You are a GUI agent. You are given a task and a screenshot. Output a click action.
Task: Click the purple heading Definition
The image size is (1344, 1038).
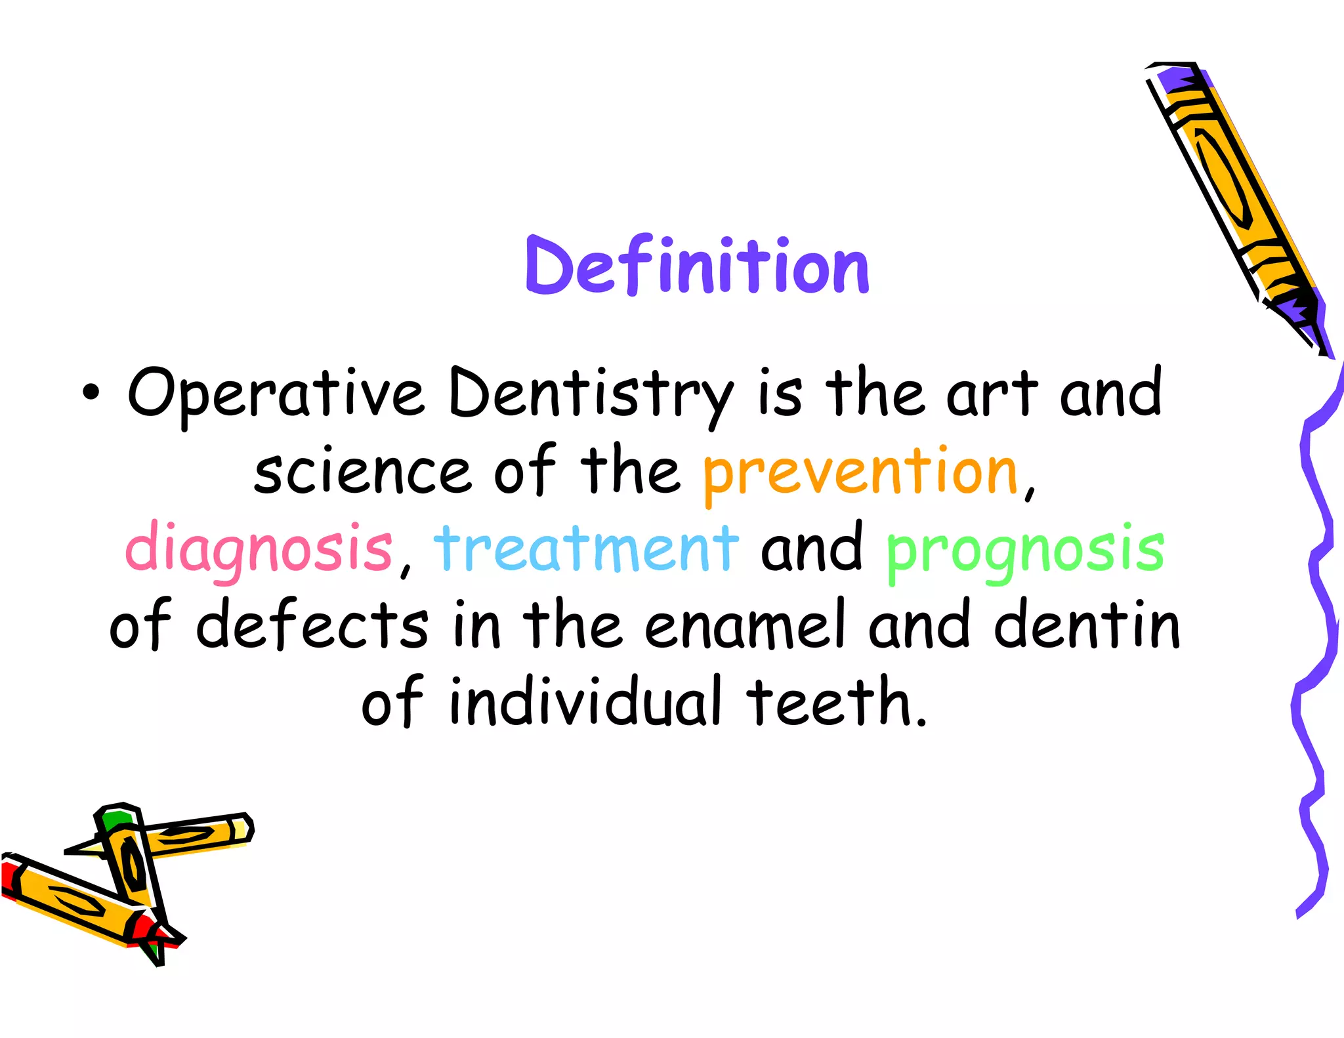[697, 266]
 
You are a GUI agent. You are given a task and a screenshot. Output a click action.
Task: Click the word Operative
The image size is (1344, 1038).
[276, 394]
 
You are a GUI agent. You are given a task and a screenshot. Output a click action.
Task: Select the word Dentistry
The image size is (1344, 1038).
[591, 394]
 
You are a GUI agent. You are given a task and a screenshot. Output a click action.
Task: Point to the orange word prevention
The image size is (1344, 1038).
[860, 472]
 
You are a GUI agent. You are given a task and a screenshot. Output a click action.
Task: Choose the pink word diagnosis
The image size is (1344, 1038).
[259, 548]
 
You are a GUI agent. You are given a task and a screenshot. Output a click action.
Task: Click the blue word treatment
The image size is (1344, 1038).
[586, 548]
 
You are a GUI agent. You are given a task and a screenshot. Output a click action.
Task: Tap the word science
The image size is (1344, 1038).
[362, 472]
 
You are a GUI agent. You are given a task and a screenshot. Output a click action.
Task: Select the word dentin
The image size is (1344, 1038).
[1087, 625]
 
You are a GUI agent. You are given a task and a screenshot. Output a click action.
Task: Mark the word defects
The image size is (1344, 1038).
[312, 625]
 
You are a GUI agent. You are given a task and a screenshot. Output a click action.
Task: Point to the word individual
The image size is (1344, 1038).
[585, 701]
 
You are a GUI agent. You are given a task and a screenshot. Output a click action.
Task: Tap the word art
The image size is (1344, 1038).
[992, 394]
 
